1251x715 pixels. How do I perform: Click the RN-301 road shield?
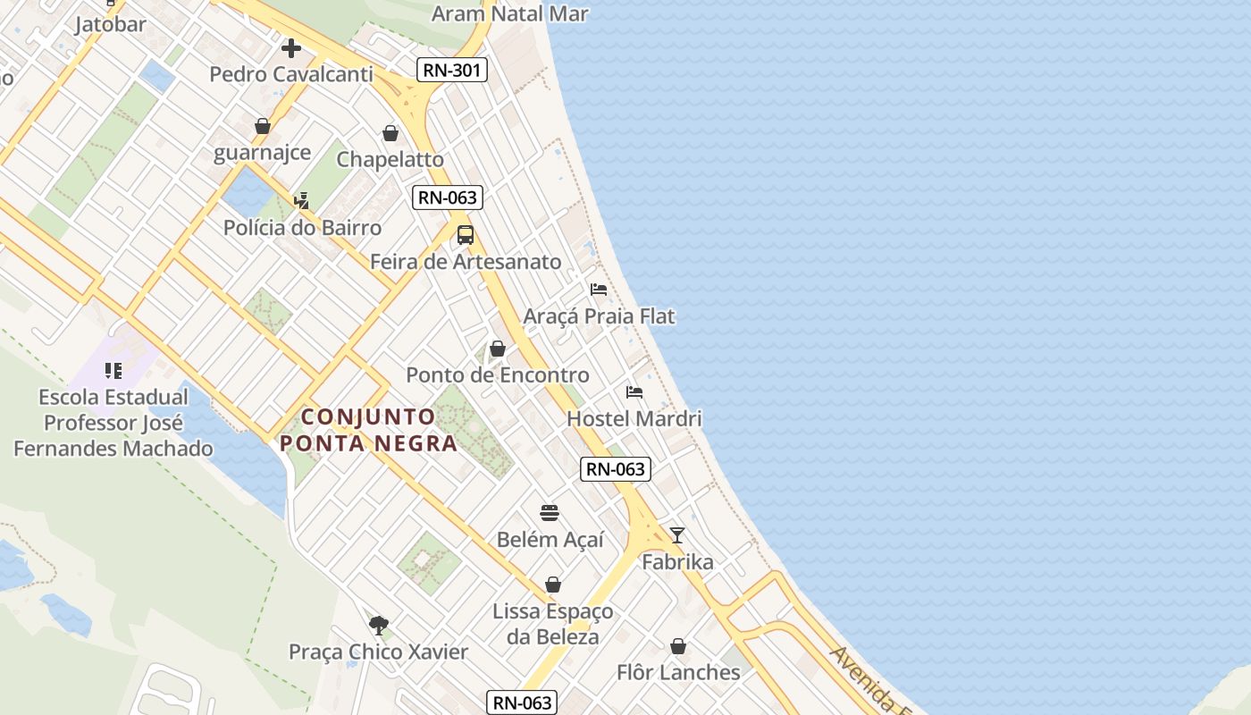click(452, 70)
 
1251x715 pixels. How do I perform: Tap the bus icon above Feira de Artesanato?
click(466, 235)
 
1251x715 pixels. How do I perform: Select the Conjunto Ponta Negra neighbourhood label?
click(368, 430)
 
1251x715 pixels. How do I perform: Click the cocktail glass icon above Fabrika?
click(677, 535)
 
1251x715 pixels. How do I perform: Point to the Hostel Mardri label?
click(634, 418)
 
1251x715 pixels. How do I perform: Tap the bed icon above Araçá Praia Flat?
click(599, 290)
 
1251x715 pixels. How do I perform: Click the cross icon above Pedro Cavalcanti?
click(291, 48)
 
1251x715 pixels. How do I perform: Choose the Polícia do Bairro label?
click(302, 228)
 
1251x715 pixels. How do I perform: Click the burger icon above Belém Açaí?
click(550, 513)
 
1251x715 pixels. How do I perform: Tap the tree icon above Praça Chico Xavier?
click(379, 625)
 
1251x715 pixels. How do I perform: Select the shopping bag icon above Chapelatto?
click(390, 133)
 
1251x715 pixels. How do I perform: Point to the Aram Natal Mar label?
click(510, 13)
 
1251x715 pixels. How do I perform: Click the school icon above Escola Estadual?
click(113, 370)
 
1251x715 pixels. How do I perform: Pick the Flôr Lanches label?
click(678, 672)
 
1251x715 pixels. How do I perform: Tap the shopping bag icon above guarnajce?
click(263, 126)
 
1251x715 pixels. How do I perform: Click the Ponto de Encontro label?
click(498, 375)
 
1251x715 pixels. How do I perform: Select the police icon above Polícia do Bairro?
click(302, 201)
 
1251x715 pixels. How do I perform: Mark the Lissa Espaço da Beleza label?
click(553, 624)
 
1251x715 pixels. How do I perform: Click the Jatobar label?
click(110, 24)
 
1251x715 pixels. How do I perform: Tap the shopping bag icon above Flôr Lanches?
click(678, 646)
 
